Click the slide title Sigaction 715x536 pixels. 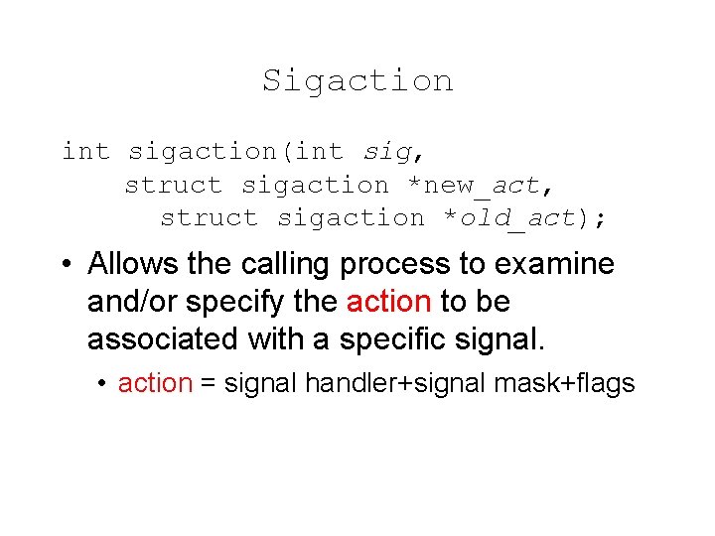click(357, 80)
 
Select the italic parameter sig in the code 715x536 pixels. click(387, 152)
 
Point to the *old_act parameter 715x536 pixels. click(508, 218)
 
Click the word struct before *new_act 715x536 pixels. click(174, 186)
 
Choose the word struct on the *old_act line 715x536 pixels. click(209, 218)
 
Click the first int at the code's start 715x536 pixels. click(85, 152)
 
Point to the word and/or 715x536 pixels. click(136, 302)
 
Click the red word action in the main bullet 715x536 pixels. click(388, 302)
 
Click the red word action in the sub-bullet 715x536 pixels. click(155, 384)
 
